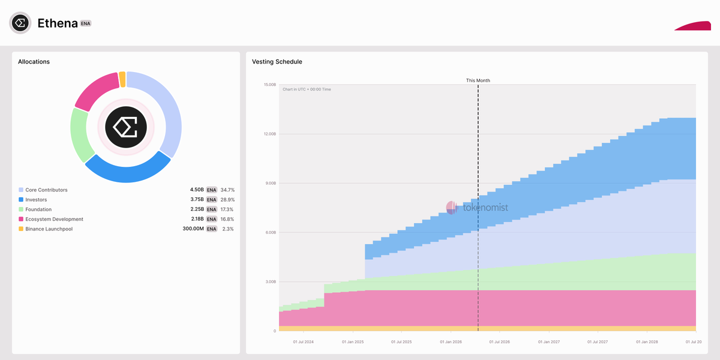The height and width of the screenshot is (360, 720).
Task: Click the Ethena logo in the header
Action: (x=20, y=23)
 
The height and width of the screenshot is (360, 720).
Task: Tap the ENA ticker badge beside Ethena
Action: (x=86, y=23)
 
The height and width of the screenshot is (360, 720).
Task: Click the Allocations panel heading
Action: (x=34, y=62)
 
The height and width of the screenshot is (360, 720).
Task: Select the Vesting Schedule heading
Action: (x=277, y=62)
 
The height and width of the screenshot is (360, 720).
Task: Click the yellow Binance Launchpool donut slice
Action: (x=122, y=79)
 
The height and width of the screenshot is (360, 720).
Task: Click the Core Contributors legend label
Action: (x=46, y=190)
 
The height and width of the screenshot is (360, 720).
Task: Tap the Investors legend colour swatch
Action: (x=21, y=200)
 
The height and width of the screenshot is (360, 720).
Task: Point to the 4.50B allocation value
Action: (x=197, y=190)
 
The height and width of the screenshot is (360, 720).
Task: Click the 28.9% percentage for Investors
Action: (x=227, y=200)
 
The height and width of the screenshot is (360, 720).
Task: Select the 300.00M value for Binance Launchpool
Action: (x=193, y=229)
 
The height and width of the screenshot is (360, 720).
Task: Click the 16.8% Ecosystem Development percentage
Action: (x=227, y=220)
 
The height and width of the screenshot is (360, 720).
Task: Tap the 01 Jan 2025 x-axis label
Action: (x=353, y=342)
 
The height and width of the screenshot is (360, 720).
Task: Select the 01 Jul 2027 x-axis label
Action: (x=598, y=342)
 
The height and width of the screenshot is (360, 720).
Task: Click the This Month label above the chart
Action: (x=478, y=80)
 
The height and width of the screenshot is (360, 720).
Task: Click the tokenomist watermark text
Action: (x=485, y=208)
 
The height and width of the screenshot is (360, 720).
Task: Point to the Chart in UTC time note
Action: (x=307, y=89)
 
